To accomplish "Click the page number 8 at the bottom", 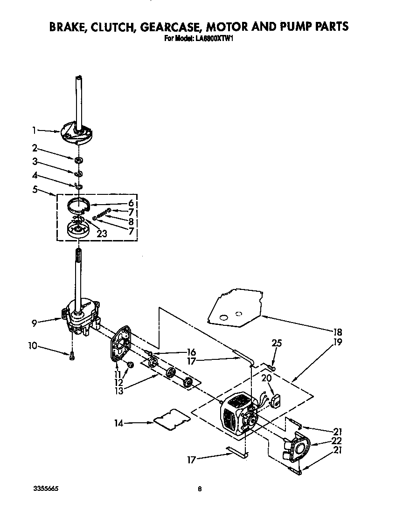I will coord(200,489).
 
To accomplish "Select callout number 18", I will coord(338,332).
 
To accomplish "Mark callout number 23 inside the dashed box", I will coord(102,234).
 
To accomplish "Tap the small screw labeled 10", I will coord(72,356).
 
